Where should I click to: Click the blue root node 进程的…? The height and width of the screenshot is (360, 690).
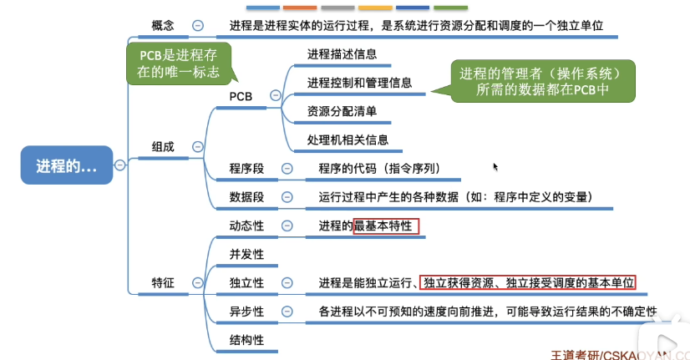pyautogui.click(x=66, y=165)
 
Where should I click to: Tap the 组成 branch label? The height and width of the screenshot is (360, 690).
pyautogui.click(x=163, y=146)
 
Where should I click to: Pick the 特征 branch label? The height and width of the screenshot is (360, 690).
pyautogui.click(x=163, y=283)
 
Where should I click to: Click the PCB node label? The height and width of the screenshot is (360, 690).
pyautogui.click(x=241, y=96)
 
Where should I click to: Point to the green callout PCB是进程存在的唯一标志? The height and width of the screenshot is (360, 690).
pyautogui.click(x=179, y=63)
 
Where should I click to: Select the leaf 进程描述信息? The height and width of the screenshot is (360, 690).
pyautogui.click(x=342, y=54)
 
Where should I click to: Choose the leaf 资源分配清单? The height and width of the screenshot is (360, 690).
pyautogui.click(x=342, y=111)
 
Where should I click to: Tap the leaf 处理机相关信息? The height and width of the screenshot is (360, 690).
pyautogui.click(x=348, y=140)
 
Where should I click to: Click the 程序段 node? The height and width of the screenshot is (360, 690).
pyautogui.click(x=246, y=169)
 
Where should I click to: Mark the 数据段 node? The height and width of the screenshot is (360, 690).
pyautogui.click(x=246, y=197)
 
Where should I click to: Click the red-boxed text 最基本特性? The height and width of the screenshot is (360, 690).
pyautogui.click(x=386, y=226)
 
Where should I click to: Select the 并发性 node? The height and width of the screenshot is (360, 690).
pyautogui.click(x=246, y=254)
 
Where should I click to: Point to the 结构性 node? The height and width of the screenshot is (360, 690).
pyautogui.click(x=246, y=340)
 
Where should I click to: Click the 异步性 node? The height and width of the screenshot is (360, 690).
pyautogui.click(x=246, y=312)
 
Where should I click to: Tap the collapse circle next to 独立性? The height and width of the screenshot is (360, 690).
pyautogui.click(x=287, y=283)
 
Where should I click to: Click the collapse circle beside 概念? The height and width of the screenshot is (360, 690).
pyautogui.click(x=197, y=26)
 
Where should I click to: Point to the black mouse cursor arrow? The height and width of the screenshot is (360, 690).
pyautogui.click(x=495, y=166)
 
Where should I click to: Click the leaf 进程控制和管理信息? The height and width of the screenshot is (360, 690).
pyautogui.click(x=359, y=83)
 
